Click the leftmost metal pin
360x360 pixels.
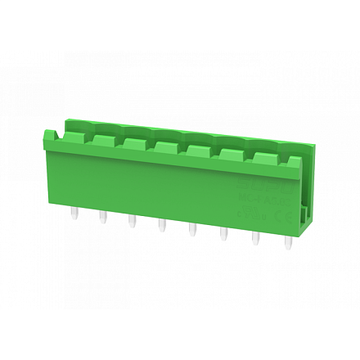click(74, 214)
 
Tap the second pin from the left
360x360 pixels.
click(103, 218)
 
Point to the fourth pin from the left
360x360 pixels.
click(161, 226)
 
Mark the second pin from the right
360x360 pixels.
click(255, 238)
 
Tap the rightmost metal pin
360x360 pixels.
click(287, 242)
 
